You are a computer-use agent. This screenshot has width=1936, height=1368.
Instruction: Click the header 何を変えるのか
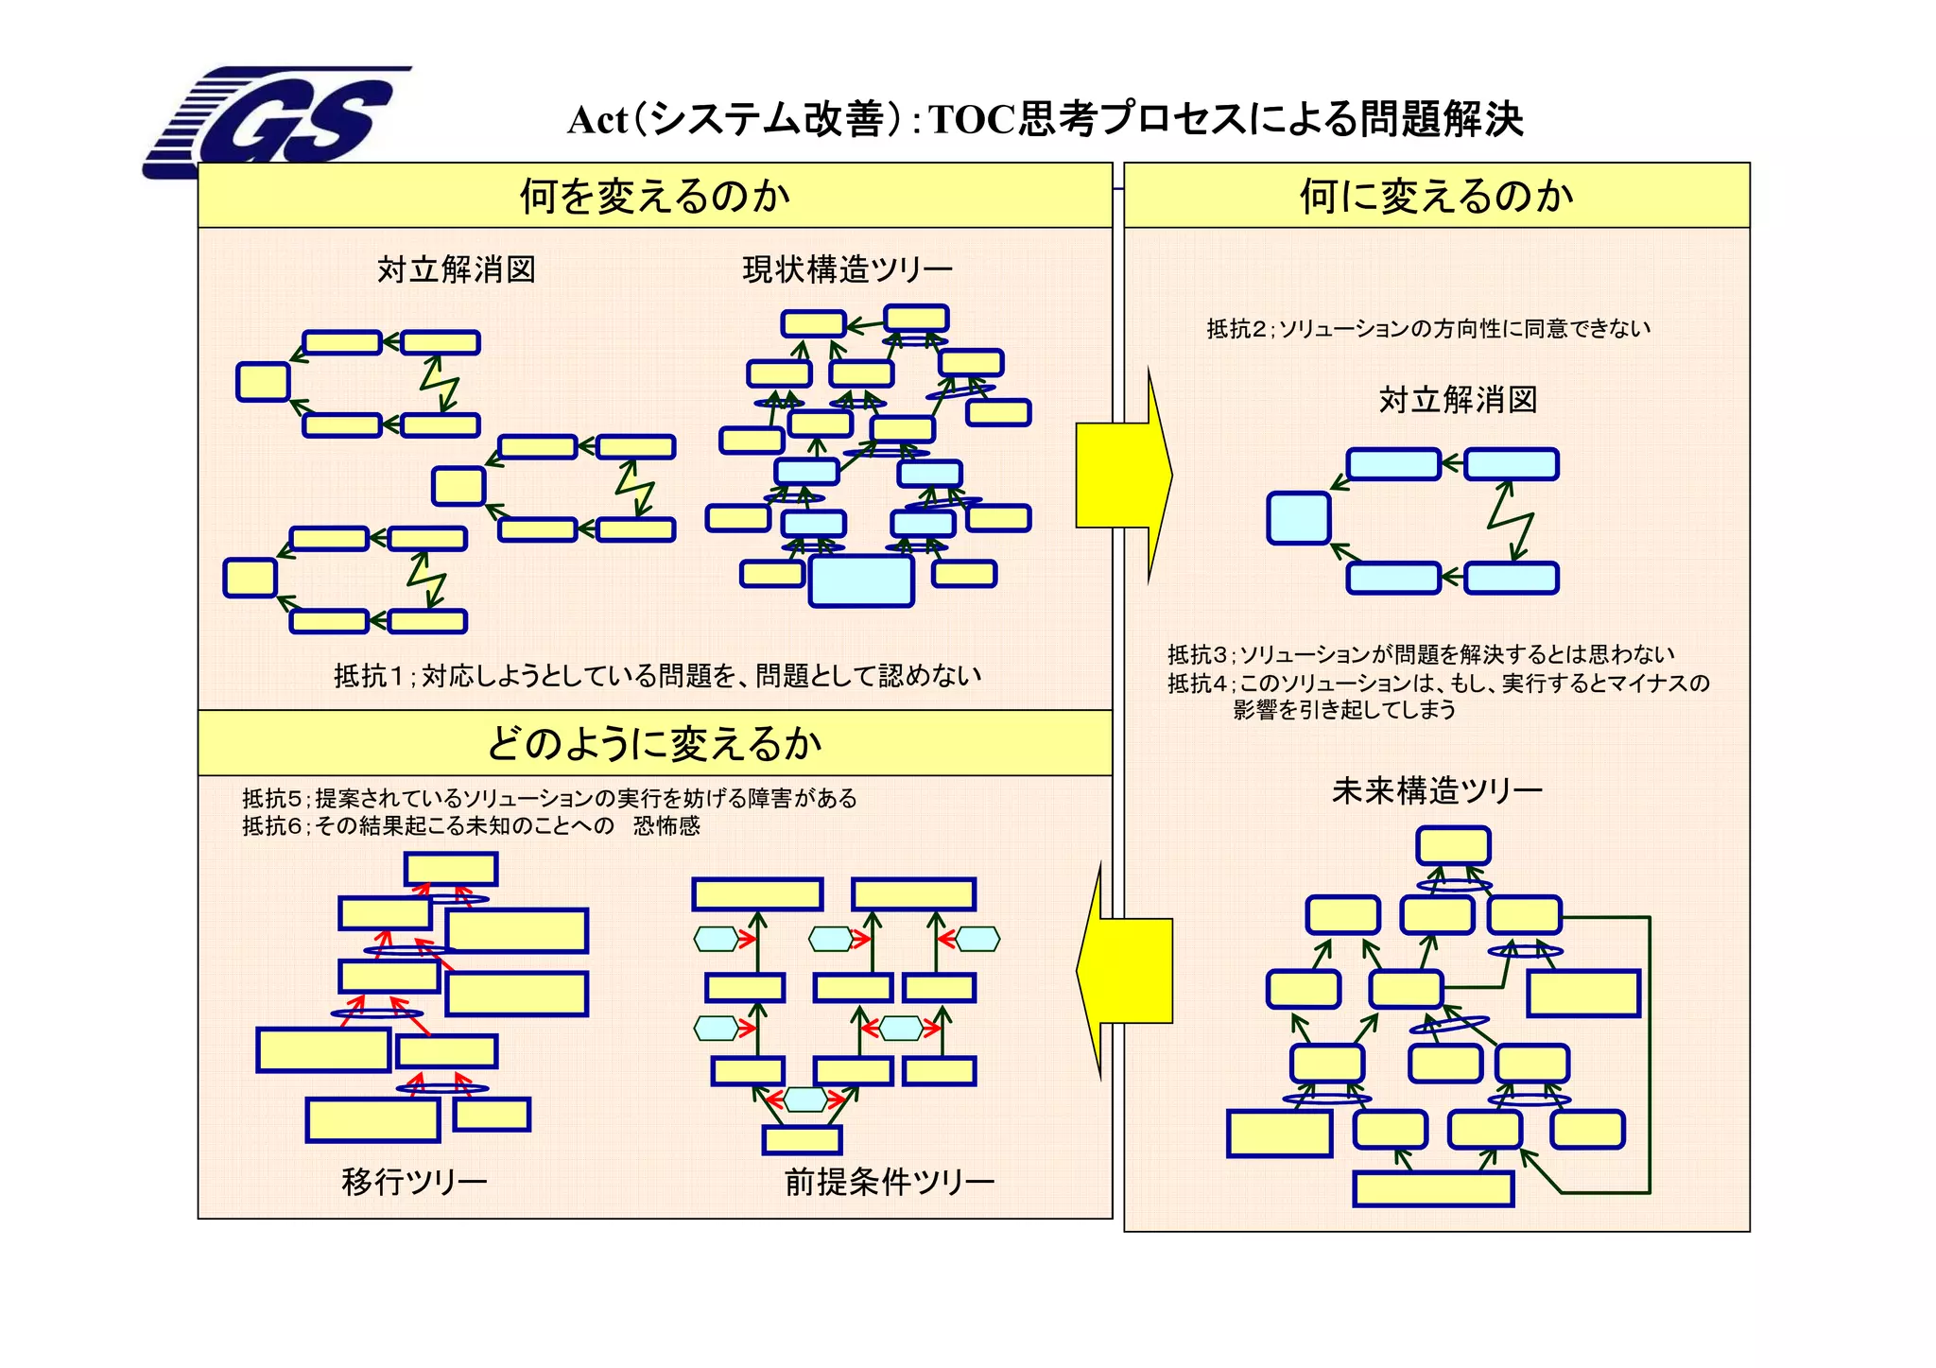click(x=654, y=196)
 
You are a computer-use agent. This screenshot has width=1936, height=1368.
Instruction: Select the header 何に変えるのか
click(x=1436, y=196)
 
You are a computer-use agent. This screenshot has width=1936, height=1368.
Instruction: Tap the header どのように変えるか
click(x=654, y=743)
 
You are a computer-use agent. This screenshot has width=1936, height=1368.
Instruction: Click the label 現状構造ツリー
click(x=847, y=270)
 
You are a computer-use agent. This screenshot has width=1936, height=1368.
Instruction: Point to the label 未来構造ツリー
click(x=1437, y=790)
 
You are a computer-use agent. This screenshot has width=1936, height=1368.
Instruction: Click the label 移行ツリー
click(x=414, y=1182)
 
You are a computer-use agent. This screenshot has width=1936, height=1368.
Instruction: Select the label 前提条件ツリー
click(x=889, y=1182)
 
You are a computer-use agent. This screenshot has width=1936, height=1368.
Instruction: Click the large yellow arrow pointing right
click(x=1125, y=476)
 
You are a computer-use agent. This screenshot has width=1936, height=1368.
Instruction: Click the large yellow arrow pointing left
click(x=1125, y=971)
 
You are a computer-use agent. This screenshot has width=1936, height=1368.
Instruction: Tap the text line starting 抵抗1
click(x=657, y=676)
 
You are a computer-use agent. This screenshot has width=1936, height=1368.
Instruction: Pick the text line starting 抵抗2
click(x=1428, y=329)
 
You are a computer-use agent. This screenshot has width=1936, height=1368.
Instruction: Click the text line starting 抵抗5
click(x=549, y=799)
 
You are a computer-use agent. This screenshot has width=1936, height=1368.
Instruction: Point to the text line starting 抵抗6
click(x=471, y=826)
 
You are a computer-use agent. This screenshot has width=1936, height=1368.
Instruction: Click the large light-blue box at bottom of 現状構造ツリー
click(x=861, y=580)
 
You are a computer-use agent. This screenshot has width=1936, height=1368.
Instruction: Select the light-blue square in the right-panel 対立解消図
click(x=1298, y=518)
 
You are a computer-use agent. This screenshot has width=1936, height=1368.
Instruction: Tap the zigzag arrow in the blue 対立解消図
click(x=1511, y=521)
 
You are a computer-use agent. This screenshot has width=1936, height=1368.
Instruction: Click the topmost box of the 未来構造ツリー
click(x=1453, y=845)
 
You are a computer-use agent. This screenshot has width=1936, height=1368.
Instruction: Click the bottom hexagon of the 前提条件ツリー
click(x=805, y=1100)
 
